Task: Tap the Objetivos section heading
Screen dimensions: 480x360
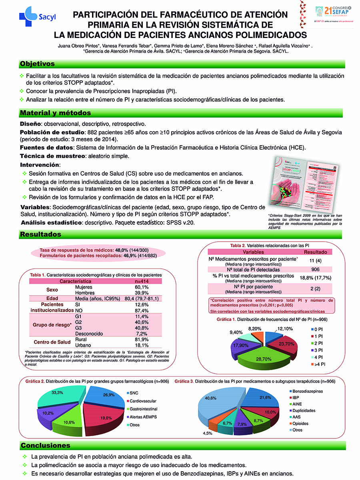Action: [x=37, y=64]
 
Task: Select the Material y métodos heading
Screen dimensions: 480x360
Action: [x=56, y=113]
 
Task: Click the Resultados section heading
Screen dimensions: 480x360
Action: [x=41, y=234]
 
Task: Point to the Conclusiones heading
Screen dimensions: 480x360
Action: [x=45, y=445]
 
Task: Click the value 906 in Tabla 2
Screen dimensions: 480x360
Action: [x=315, y=270]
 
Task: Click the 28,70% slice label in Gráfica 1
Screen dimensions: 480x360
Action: [x=264, y=359]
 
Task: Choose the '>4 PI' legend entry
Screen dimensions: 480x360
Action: [x=320, y=364]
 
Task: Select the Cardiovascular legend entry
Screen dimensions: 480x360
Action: [x=142, y=401]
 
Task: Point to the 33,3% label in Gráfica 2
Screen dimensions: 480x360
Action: [x=57, y=393]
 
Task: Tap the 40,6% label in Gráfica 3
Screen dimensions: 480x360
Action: [x=210, y=398]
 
